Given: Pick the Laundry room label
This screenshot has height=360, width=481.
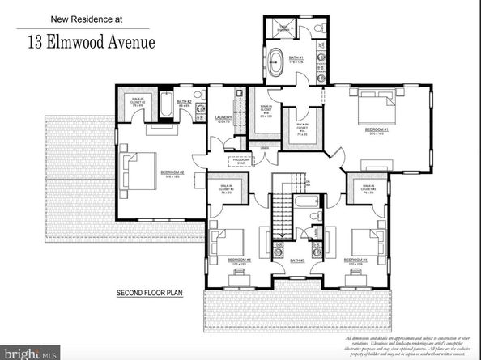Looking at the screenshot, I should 223,118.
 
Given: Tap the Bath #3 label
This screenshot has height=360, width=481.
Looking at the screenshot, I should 296,260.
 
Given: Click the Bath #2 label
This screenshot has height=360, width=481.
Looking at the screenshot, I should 184,102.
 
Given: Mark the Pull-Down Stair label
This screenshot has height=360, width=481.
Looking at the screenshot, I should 241,161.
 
